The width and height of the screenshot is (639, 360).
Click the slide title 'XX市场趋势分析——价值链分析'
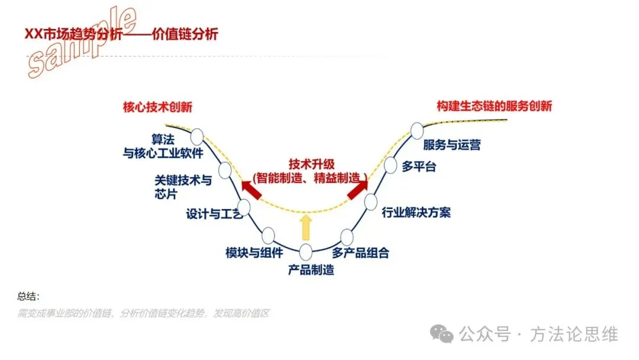point(121,34)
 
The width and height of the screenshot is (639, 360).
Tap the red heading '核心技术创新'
point(157,107)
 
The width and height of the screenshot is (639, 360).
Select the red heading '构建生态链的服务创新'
point(494,107)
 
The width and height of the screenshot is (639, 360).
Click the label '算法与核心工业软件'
point(162,147)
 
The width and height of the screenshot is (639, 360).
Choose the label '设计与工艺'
point(214,214)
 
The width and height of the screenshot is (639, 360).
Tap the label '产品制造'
point(311,271)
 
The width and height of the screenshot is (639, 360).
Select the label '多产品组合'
point(360,253)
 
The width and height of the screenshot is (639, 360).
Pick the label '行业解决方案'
point(416,212)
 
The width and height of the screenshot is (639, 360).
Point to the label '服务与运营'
point(451,144)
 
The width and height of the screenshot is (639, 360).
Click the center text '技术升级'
point(310,164)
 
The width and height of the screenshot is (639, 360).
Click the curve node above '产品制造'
point(306,252)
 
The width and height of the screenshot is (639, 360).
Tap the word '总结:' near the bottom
point(28,296)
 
